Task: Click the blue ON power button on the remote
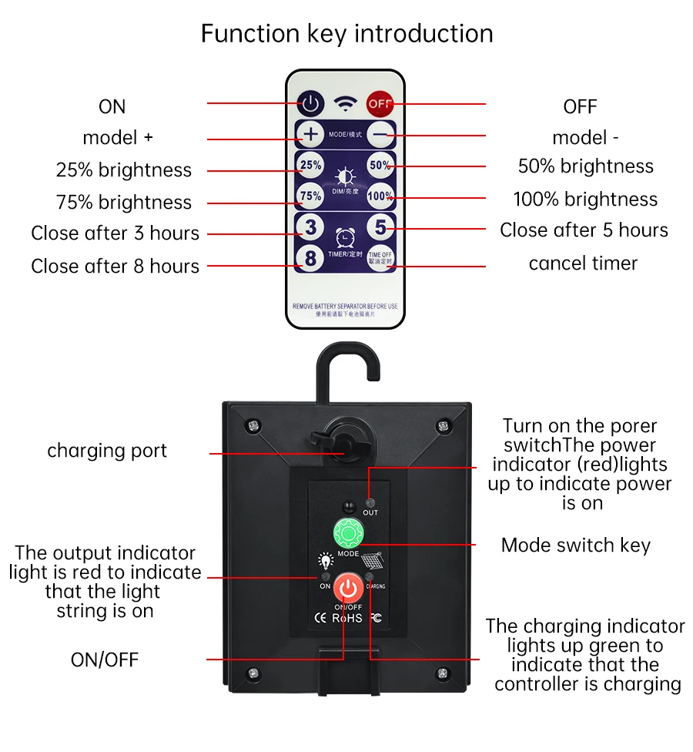[310, 102]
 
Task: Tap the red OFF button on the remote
[379, 102]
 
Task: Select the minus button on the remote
[380, 135]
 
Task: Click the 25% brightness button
[310, 165]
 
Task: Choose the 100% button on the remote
[380, 196]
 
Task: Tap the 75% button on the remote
[310, 196]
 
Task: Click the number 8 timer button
[310, 258]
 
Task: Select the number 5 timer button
[380, 227]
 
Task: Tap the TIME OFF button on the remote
[380, 258]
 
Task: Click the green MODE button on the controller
[347, 533]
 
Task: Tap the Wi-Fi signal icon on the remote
[345, 103]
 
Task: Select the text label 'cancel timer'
[583, 264]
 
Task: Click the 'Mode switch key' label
[575, 546]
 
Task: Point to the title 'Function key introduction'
[346, 34]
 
